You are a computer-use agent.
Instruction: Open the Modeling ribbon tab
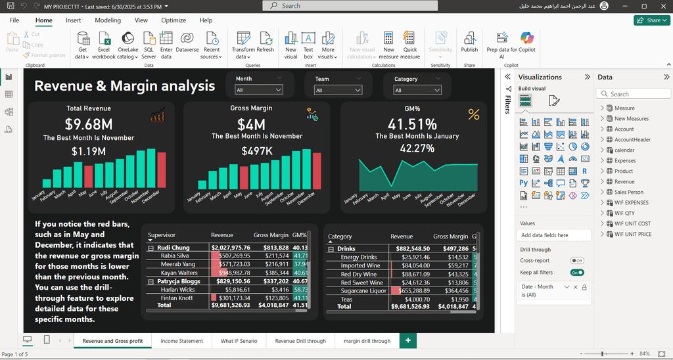[108, 20]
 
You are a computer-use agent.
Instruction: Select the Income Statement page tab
[181, 341]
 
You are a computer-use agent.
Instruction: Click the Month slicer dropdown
[259, 90]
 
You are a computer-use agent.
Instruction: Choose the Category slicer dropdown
[417, 90]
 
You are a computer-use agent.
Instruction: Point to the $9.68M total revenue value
[89, 124]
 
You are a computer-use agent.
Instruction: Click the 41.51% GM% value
[412, 124]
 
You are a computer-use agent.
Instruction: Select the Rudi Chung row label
[174, 248]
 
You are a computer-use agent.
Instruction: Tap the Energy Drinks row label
[359, 257]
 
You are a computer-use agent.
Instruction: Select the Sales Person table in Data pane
[629, 192]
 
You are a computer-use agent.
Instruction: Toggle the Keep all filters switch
[577, 272]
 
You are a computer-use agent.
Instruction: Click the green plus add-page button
[408, 340]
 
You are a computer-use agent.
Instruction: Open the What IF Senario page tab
[239, 341]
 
